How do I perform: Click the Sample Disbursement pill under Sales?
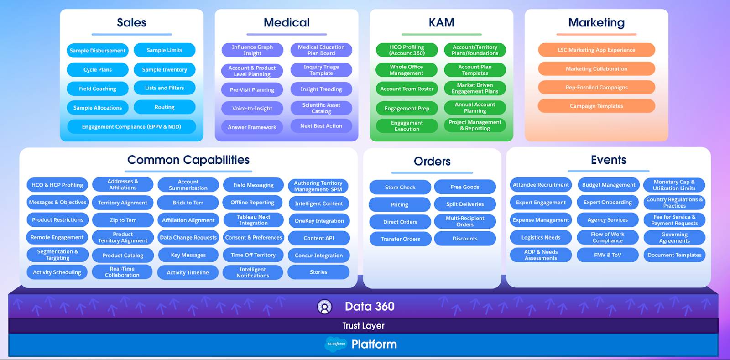pyautogui.click(x=98, y=51)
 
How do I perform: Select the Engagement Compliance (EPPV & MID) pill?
pyautogui.click(x=131, y=127)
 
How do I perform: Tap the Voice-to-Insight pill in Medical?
pyautogui.click(x=252, y=109)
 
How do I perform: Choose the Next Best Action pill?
pyautogui.click(x=321, y=126)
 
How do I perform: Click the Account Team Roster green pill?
pyautogui.click(x=407, y=89)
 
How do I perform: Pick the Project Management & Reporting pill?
pyautogui.click(x=474, y=125)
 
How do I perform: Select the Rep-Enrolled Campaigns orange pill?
pyautogui.click(x=596, y=88)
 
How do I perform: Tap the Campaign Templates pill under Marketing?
pyautogui.click(x=596, y=106)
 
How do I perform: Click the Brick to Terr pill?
pyautogui.click(x=188, y=203)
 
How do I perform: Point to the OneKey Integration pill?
pyautogui.click(x=319, y=221)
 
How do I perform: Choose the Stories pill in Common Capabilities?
pyautogui.click(x=318, y=272)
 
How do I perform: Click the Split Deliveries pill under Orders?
pyautogui.click(x=464, y=204)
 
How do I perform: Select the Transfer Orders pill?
pyautogui.click(x=400, y=239)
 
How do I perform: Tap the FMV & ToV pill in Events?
pyautogui.click(x=607, y=255)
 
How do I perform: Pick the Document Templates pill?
pyautogui.click(x=674, y=255)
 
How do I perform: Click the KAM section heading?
pyautogui.click(x=441, y=22)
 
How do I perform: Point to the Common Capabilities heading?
pyautogui.click(x=188, y=160)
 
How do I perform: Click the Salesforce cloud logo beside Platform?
pyautogui.click(x=336, y=344)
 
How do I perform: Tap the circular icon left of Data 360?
pyautogui.click(x=324, y=307)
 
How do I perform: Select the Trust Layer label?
pyautogui.click(x=363, y=326)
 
